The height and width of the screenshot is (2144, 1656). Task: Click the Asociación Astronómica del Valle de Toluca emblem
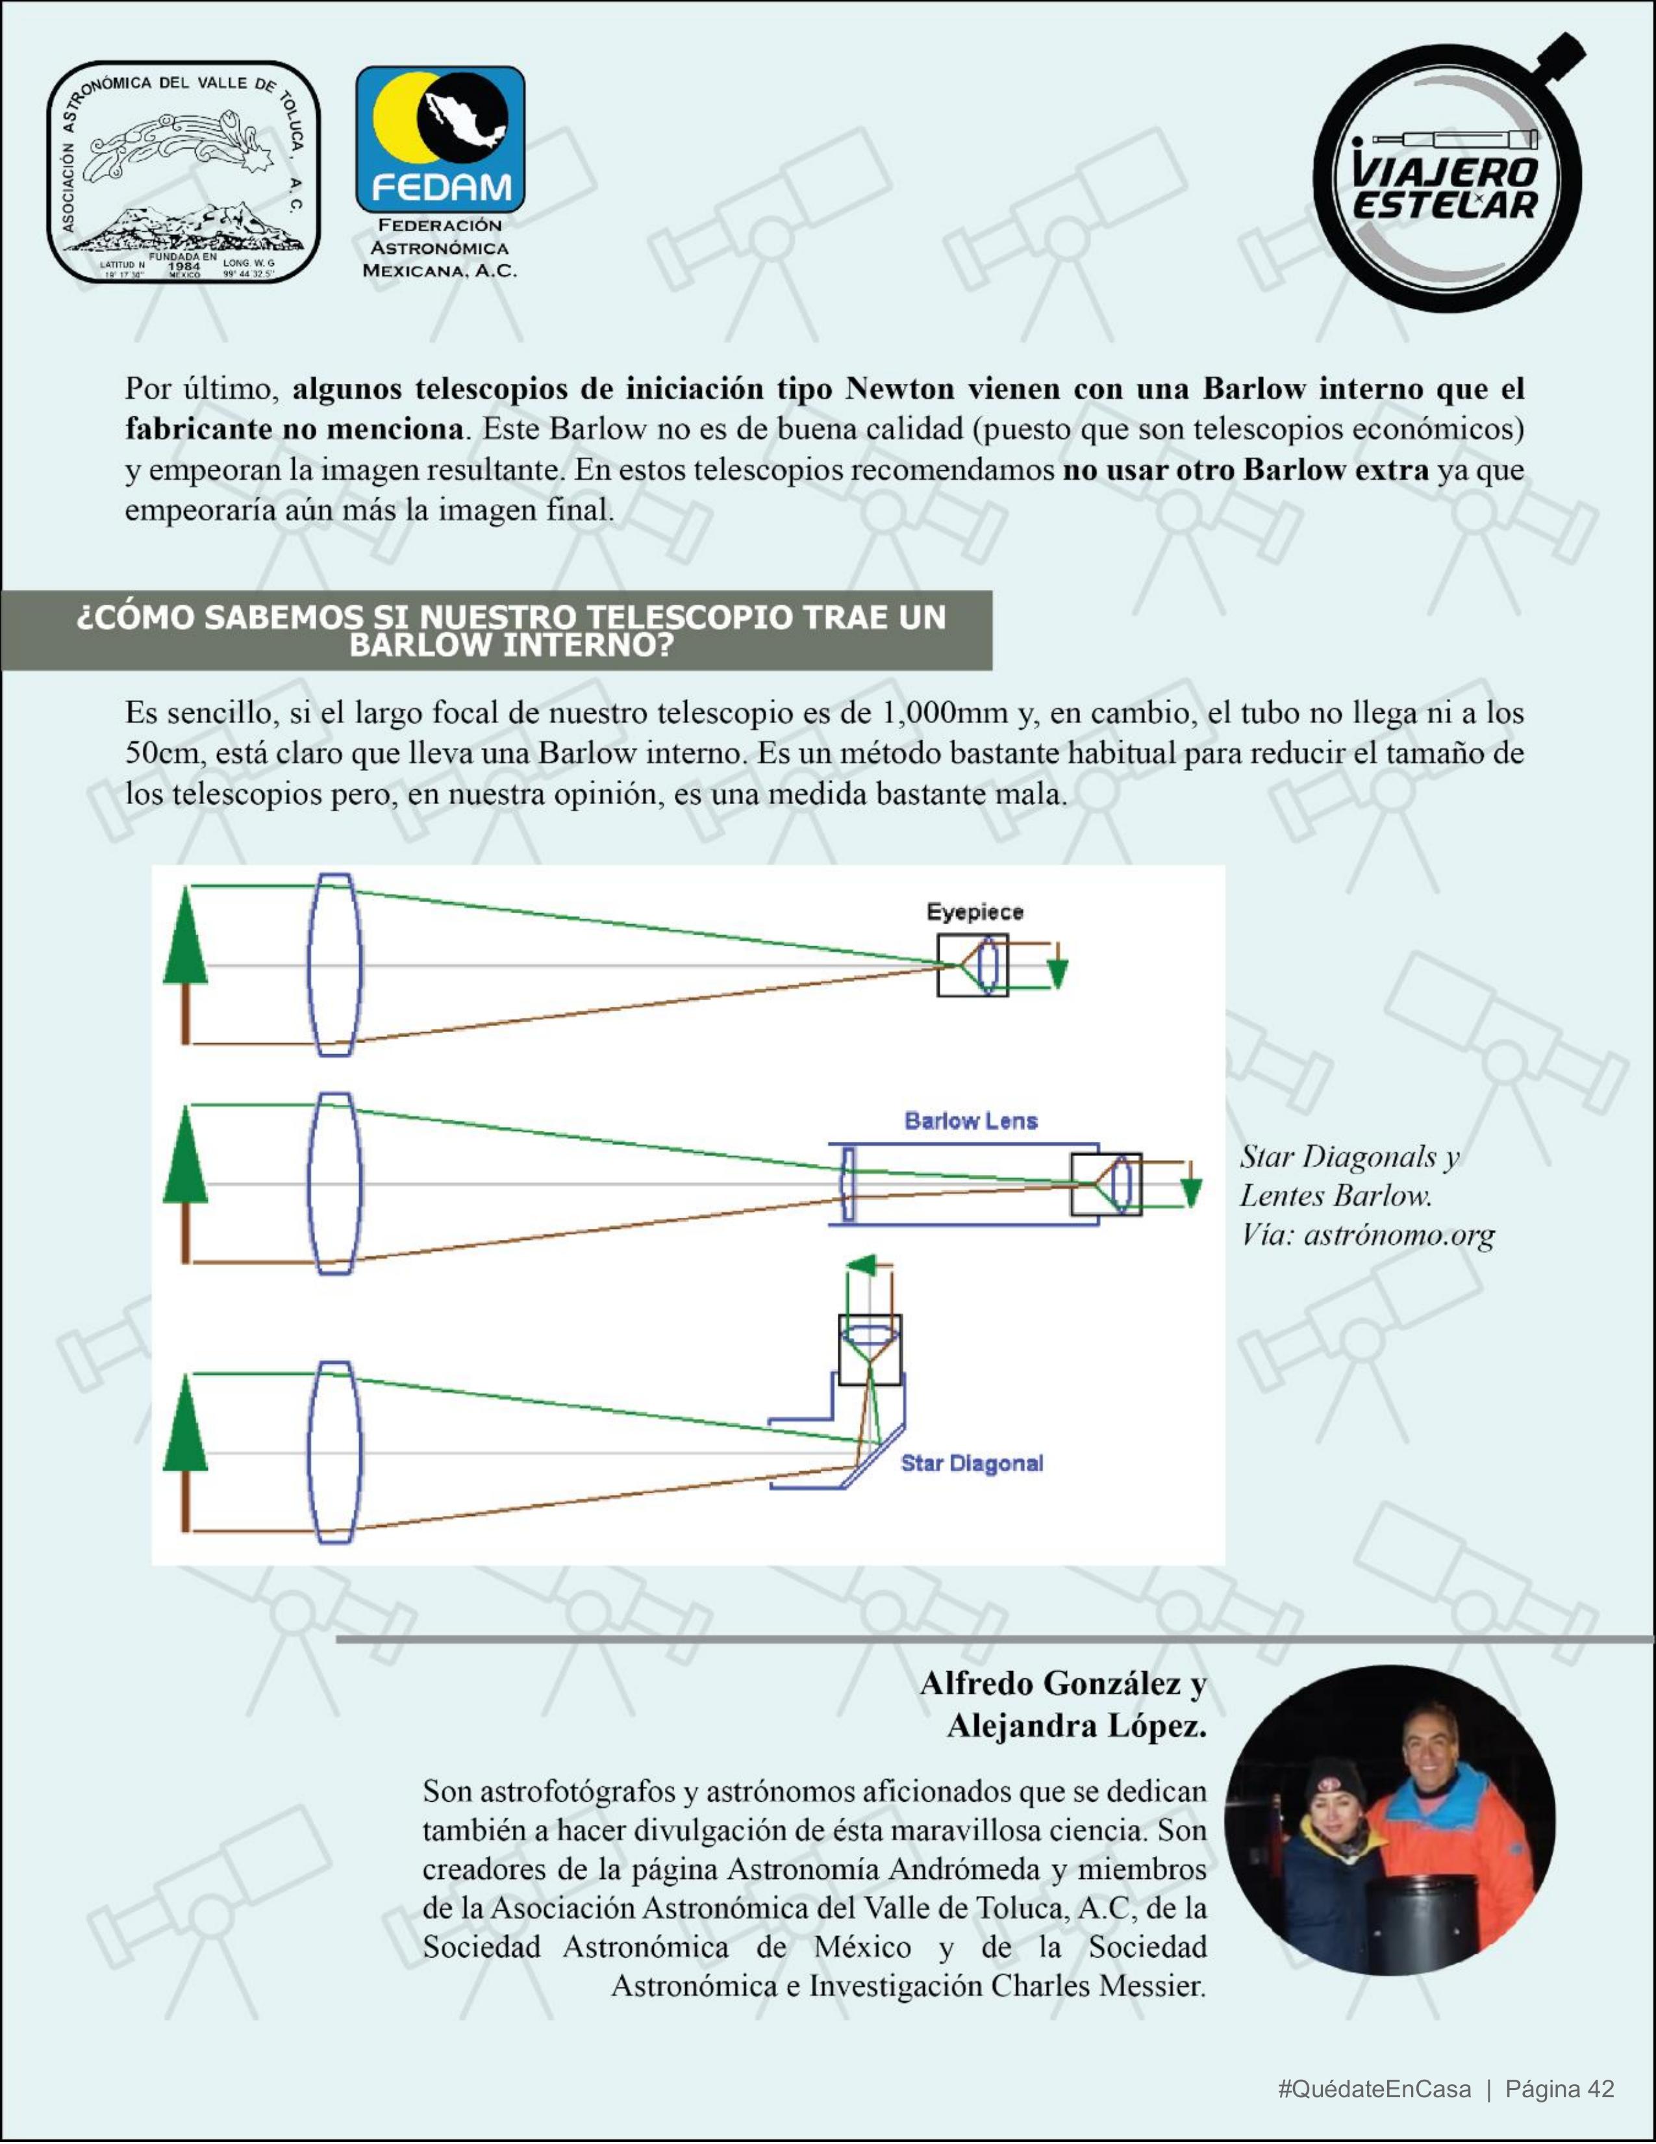coord(184,173)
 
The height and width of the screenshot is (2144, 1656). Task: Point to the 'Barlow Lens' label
coord(970,1121)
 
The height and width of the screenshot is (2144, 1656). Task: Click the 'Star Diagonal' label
coord(972,1464)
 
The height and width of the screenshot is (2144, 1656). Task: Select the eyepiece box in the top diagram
coord(972,965)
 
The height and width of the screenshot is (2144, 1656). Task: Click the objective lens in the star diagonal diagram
coord(334,1452)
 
